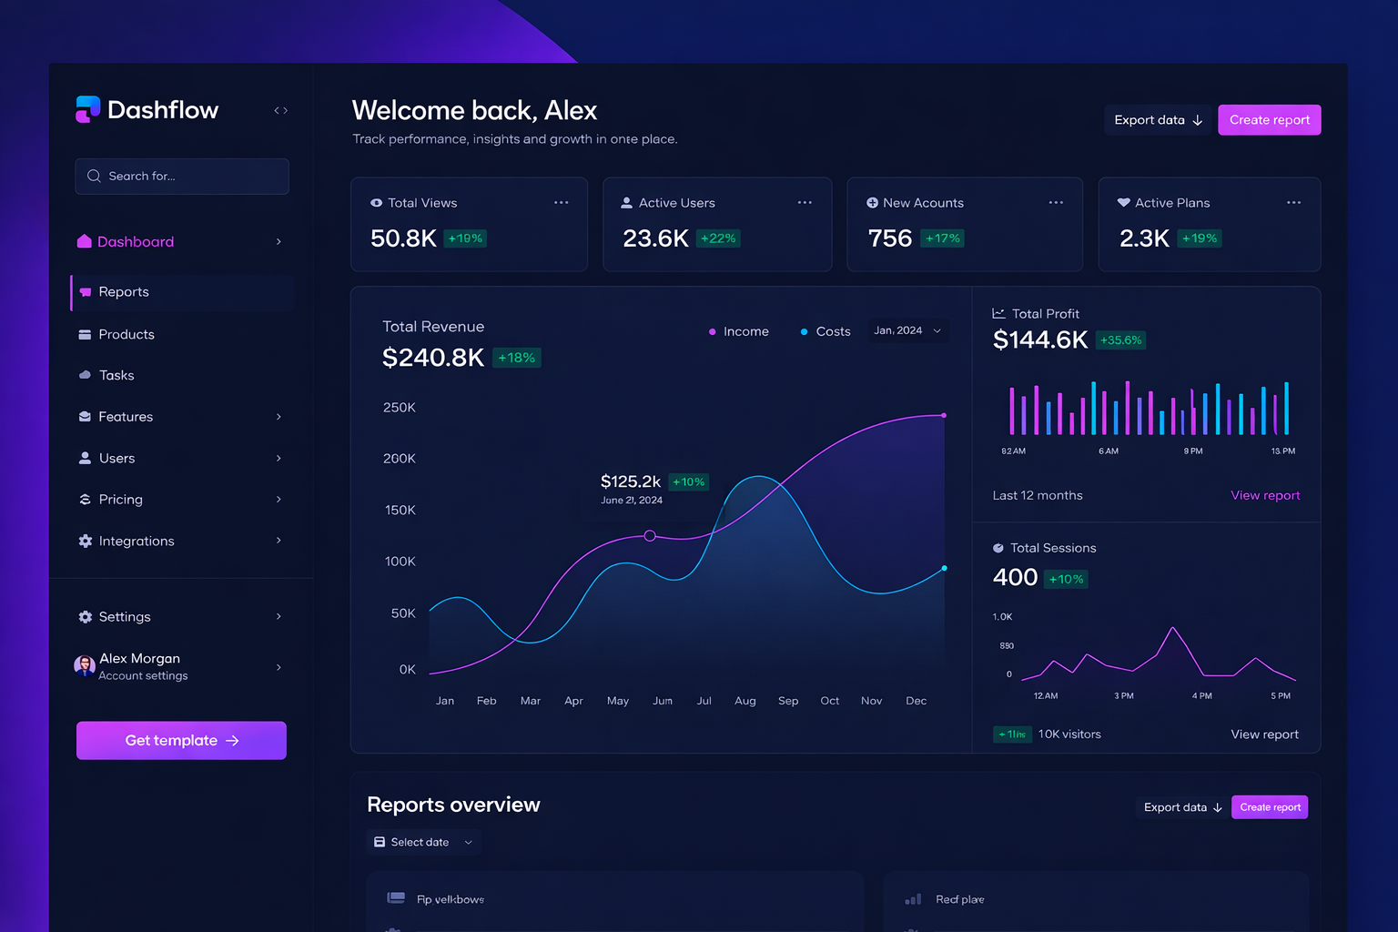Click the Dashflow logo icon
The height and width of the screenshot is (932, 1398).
[87, 109]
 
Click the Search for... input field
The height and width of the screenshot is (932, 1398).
[182, 177]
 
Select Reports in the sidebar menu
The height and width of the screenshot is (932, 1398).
[124, 292]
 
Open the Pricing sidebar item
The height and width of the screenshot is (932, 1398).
[120, 500]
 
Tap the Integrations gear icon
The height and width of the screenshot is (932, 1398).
[86, 542]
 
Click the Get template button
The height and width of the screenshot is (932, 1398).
[181, 741]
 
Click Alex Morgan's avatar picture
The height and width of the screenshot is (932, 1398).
[85, 666]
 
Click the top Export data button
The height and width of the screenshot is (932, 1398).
[1158, 120]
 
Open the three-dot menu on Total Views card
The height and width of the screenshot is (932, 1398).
[561, 203]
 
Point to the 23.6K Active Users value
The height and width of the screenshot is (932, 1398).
[655, 238]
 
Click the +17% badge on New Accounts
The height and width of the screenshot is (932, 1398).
[943, 238]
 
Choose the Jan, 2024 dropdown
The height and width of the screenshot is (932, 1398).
[907, 331]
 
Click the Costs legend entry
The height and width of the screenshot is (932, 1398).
[826, 332]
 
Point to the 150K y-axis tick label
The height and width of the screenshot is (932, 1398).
[400, 511]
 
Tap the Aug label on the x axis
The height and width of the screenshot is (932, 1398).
[745, 701]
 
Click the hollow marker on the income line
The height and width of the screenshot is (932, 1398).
[650, 536]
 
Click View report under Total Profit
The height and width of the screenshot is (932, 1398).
[1265, 496]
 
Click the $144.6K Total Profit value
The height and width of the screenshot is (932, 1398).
[1039, 340]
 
